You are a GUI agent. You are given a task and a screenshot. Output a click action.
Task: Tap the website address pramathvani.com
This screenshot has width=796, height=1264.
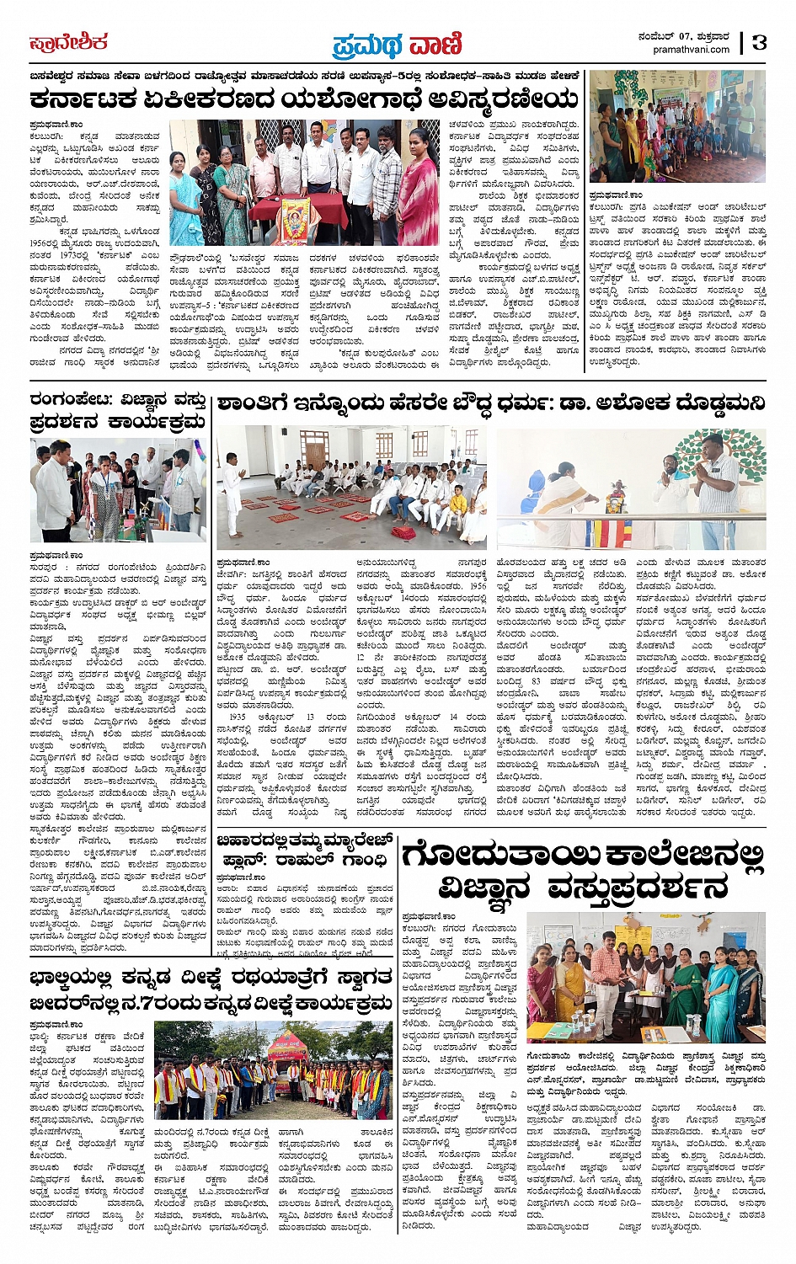click(x=691, y=50)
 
